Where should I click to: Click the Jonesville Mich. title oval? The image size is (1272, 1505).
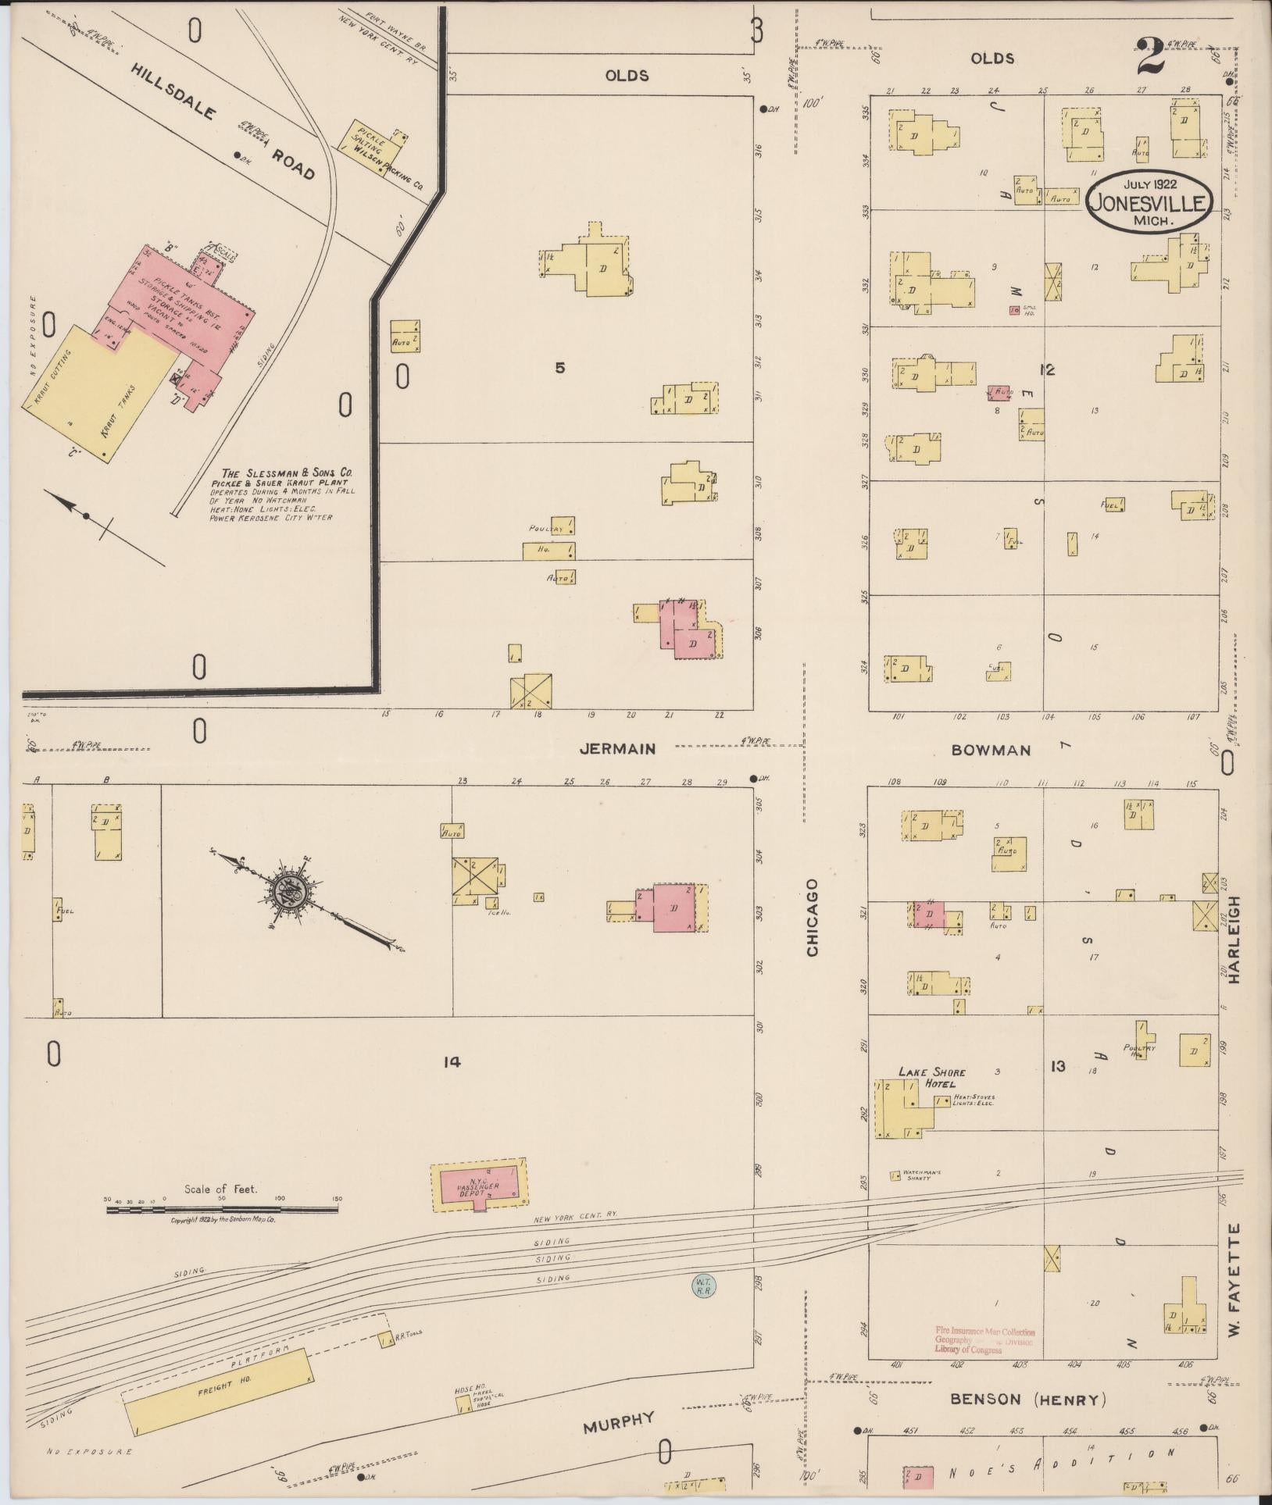[x=1147, y=200]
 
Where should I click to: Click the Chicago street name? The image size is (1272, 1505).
[x=812, y=917]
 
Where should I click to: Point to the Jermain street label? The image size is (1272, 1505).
[x=617, y=749]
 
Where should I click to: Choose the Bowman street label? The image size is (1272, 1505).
[x=991, y=751]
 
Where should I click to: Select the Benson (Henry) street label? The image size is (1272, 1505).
[x=1027, y=1399]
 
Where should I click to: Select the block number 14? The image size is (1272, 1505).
[x=451, y=1061]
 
